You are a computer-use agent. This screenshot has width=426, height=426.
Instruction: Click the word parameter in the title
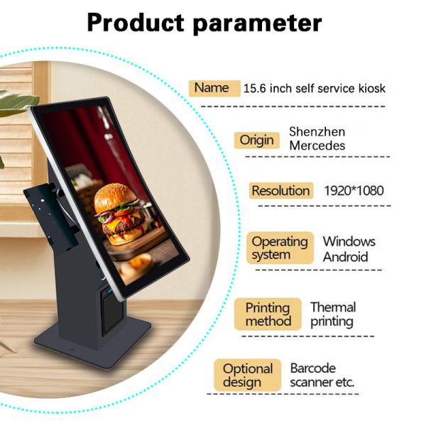[x=258, y=24]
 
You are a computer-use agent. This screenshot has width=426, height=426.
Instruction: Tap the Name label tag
[x=214, y=88]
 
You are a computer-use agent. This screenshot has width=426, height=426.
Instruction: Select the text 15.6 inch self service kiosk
[x=315, y=89]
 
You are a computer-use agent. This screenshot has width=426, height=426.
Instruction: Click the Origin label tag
[x=257, y=140]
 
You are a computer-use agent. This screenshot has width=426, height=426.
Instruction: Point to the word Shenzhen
[x=317, y=132]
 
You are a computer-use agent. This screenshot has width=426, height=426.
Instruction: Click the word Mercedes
[x=317, y=146]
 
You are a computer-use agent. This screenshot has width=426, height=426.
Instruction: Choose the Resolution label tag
[x=281, y=190]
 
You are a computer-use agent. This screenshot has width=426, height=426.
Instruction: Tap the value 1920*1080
[x=354, y=191]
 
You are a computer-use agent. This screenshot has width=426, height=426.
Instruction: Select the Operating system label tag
[x=280, y=248]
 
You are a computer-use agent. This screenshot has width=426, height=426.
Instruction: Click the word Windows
[x=349, y=241]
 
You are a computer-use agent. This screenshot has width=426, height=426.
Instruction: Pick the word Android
[x=345, y=257]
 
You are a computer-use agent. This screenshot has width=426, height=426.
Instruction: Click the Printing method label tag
[x=268, y=314]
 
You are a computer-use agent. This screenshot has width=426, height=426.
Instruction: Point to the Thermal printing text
[x=333, y=315]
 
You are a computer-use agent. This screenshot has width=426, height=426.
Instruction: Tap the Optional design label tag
[x=248, y=375]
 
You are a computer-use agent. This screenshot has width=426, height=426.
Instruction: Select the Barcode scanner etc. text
[x=322, y=375]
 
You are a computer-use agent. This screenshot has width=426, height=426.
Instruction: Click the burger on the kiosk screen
[x=121, y=214]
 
